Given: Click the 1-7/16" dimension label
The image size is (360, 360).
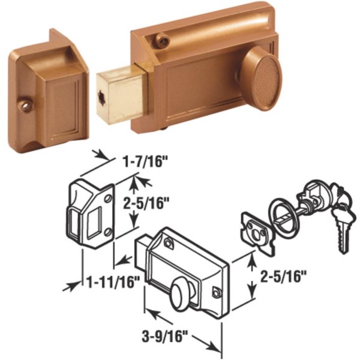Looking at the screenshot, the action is pos(145,161).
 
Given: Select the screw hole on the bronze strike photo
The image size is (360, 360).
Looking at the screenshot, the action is pos(25,105).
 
